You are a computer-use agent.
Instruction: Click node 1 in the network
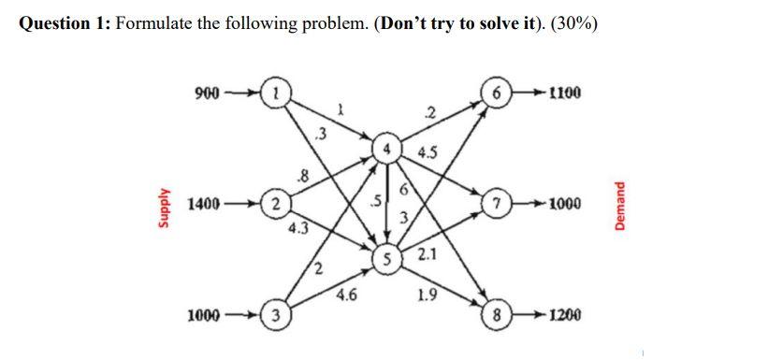(x=276, y=94)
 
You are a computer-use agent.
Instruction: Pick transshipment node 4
(x=384, y=149)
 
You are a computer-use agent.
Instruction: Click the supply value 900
(x=206, y=94)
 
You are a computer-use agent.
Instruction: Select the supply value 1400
(x=205, y=202)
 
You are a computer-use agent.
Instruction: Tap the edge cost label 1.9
(x=427, y=296)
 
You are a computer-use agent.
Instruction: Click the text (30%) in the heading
(x=571, y=22)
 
